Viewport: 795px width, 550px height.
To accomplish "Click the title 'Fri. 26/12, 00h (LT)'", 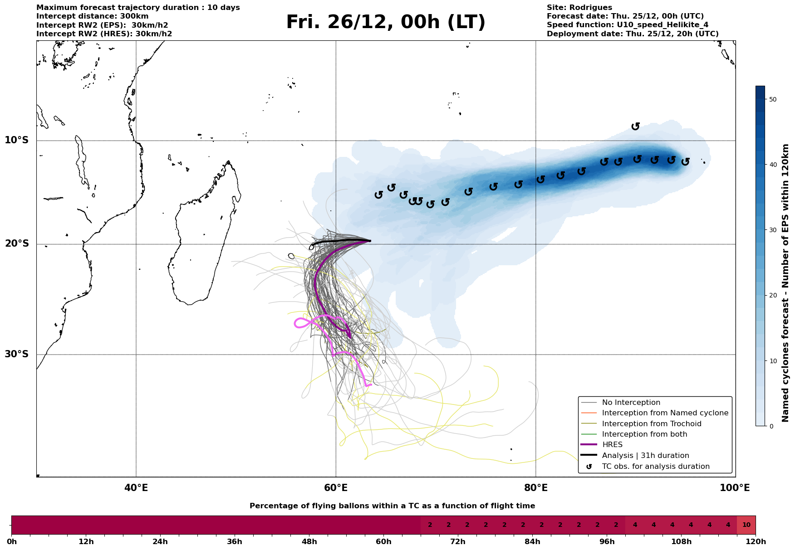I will [x=386, y=22].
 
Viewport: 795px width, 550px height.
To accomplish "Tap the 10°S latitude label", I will [x=17, y=140].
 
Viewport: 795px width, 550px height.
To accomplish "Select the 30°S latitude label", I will [x=17, y=354].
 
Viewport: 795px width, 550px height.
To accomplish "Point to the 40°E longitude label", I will [x=136, y=488].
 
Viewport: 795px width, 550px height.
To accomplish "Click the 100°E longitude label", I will [x=735, y=488].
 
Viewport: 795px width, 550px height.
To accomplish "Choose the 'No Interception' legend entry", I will [x=631, y=403].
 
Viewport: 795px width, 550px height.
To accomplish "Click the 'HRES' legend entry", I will [x=612, y=445].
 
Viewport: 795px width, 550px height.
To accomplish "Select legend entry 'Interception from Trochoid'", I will [x=651, y=424].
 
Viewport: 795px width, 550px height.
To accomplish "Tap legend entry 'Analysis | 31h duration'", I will [x=645, y=455].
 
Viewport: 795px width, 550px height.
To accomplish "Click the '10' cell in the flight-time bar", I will [x=746, y=525].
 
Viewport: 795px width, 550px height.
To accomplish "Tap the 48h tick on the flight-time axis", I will [x=309, y=542].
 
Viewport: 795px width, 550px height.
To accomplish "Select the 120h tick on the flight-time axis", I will [x=756, y=542].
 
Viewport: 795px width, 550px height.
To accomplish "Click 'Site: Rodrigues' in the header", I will [x=579, y=8].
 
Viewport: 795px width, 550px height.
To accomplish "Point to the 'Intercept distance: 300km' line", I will [x=92, y=16].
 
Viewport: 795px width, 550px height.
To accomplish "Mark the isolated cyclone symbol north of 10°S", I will [x=636, y=126].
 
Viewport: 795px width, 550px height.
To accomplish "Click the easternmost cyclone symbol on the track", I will [x=685, y=161].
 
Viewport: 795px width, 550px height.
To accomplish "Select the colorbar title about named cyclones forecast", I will [x=786, y=283].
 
